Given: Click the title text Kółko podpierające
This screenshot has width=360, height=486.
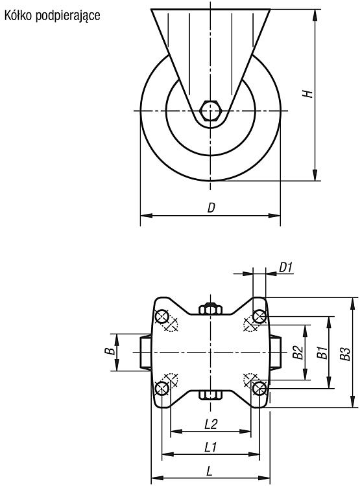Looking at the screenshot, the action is (52, 16).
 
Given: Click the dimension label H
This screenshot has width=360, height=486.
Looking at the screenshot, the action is (307, 93).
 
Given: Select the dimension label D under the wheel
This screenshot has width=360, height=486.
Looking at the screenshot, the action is (211, 207).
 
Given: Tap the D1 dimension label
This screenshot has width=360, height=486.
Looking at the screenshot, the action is (286, 267).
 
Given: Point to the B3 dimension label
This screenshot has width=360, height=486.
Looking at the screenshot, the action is (346, 353).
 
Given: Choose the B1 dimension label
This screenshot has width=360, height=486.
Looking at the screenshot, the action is (323, 353).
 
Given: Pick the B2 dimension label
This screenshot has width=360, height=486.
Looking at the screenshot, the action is (298, 353).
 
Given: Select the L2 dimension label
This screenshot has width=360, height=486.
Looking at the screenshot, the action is (211, 424).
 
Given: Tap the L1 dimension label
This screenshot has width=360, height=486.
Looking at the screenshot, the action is (211, 447).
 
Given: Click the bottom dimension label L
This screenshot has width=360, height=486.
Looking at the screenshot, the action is (210, 472).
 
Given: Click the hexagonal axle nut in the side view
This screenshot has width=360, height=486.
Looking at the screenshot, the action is (210, 110).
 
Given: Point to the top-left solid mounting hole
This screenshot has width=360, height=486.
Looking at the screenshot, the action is (162, 317).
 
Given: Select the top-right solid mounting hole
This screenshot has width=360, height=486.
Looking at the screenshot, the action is (259, 317).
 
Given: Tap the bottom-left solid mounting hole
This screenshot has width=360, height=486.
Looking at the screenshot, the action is (162, 388).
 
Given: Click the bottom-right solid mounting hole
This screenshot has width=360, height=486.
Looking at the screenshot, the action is (259, 388).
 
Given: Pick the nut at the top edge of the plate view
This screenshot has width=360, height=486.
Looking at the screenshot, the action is (210, 308).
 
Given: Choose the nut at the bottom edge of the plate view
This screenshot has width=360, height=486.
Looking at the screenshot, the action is (210, 395).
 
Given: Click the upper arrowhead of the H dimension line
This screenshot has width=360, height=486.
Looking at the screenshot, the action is (315, 15).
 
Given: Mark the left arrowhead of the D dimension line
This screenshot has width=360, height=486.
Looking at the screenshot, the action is (147, 215).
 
